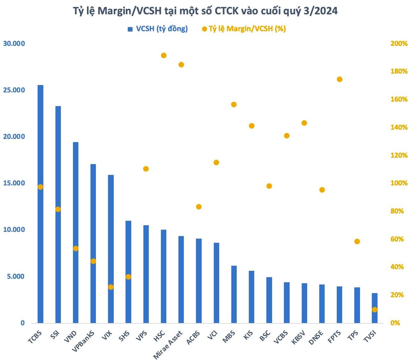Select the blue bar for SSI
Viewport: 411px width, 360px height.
[58, 214]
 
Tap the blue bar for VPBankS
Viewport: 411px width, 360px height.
[93, 243]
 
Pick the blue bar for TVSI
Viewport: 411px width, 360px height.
[374, 308]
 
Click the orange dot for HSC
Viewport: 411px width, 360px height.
[164, 55]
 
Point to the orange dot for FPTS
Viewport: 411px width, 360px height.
[339, 79]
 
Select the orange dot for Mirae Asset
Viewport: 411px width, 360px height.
[181, 65]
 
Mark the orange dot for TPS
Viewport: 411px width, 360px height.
[357, 241]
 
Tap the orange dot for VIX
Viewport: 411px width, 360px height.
[111, 287]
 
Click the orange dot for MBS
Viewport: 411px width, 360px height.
[234, 104]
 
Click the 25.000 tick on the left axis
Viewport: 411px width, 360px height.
[14, 90]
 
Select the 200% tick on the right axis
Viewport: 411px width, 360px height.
[399, 44]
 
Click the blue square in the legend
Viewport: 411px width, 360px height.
[130, 29]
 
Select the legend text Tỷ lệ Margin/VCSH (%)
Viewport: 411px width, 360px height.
[247, 29]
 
